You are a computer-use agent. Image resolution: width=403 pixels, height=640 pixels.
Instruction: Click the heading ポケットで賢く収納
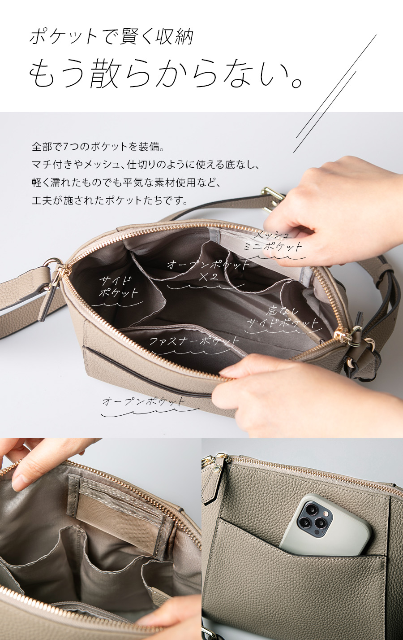[x=111, y=37]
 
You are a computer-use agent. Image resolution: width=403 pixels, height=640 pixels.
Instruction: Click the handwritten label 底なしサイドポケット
[x=282, y=318]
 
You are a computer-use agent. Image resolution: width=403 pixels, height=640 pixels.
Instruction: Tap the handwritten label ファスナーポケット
[x=194, y=341]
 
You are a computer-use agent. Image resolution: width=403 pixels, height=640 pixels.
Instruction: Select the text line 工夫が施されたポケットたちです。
[x=110, y=200]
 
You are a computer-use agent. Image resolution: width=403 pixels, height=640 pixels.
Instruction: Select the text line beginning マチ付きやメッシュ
[x=146, y=165]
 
